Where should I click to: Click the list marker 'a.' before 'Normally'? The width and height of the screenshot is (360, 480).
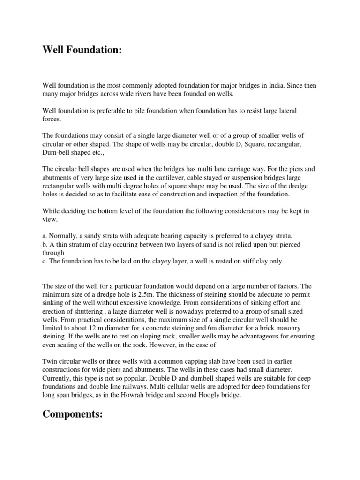tap(45, 236)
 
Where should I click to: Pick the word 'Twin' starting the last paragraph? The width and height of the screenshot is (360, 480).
tap(51, 362)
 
